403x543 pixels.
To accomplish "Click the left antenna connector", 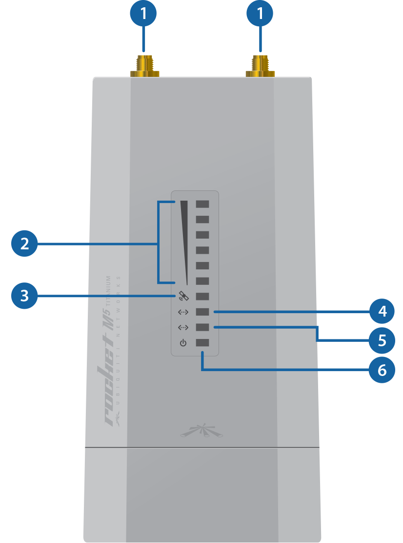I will [x=144, y=67].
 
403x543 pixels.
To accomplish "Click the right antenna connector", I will [x=260, y=67].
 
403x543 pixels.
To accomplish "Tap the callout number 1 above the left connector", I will [x=143, y=13].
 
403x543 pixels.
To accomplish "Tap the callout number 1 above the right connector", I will [x=260, y=13].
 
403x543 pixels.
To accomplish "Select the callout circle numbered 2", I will [x=24, y=243].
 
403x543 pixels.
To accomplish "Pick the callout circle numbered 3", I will [x=24, y=296].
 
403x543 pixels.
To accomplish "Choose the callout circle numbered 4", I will [x=382, y=311].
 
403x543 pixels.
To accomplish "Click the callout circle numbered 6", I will [x=382, y=370].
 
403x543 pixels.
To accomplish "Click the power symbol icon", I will [x=183, y=343].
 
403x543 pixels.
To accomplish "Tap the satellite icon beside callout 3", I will [x=183, y=296].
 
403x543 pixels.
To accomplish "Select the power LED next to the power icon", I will [x=202, y=343].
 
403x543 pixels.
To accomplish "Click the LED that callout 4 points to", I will [x=202, y=312].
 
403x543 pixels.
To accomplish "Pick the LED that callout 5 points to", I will [x=202, y=327].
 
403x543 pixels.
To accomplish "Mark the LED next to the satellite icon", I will [x=202, y=296].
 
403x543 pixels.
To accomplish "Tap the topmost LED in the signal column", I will [x=202, y=204].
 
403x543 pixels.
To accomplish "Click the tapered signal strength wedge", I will [x=184, y=234].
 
